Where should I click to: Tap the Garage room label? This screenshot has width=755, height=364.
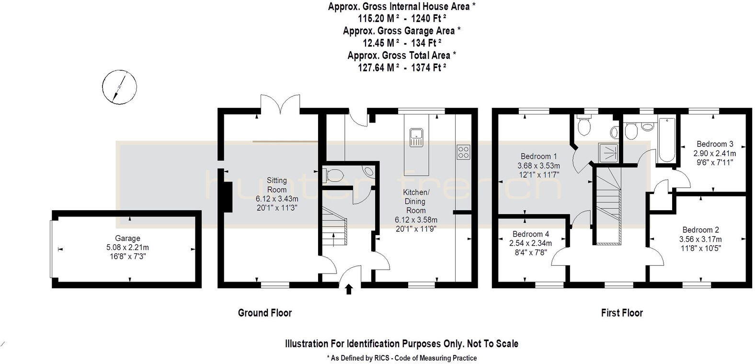(127, 238)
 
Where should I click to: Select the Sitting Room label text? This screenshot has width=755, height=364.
(276, 185)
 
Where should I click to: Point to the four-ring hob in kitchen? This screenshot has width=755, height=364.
(463, 152)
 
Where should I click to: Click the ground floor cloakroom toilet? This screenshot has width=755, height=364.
(332, 175)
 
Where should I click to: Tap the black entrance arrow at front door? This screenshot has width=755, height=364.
(349, 288)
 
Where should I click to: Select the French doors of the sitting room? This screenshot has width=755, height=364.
(281, 105)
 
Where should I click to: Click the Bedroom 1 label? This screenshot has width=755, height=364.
(538, 156)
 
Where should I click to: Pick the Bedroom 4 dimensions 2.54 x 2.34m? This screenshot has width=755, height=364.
(530, 243)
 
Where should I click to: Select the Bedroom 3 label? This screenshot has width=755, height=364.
(715, 144)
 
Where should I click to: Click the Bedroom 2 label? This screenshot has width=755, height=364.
(700, 230)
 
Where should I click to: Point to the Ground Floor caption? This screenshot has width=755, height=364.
(265, 313)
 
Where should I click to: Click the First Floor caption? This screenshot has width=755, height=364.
(622, 313)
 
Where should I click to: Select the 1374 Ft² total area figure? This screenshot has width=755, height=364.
(425, 68)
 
